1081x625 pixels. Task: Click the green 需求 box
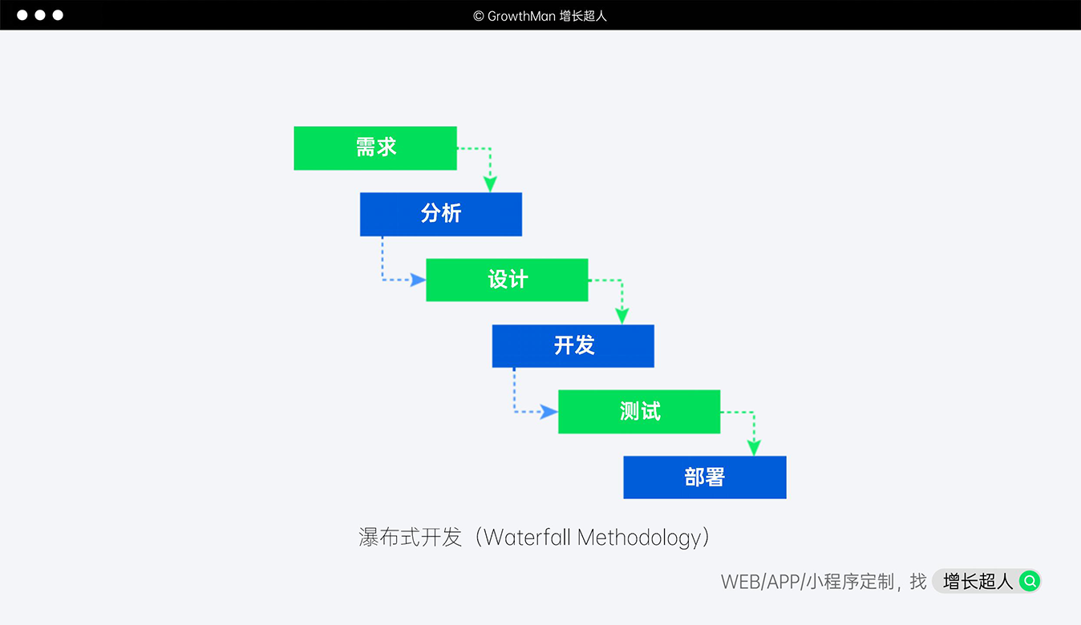coord(375,148)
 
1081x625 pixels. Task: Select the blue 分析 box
coord(441,214)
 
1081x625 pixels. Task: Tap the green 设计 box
coord(507,280)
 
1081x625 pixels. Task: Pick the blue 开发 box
coord(573,345)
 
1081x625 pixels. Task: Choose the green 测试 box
coord(639,411)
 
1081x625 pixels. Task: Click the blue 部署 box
coord(705,478)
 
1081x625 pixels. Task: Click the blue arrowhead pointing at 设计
coord(418,280)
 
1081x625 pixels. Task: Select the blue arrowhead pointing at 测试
coord(549,412)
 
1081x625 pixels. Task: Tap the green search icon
coord(1029,581)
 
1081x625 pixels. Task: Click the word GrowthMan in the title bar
coord(521,16)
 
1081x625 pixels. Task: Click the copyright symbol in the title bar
coord(479,16)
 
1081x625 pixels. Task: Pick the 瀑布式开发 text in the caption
coord(411,537)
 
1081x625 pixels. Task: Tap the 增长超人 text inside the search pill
coord(978,581)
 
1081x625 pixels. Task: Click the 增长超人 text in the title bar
coord(583,16)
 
